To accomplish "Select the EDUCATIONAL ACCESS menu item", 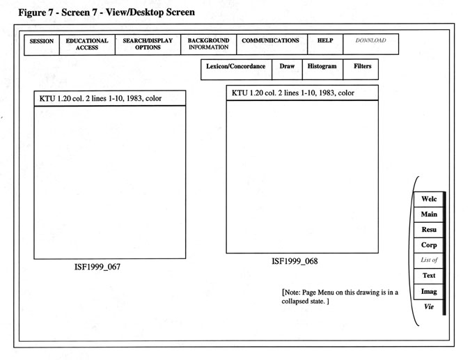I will pos(87,44).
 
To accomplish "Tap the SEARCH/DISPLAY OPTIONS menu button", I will pos(148,44).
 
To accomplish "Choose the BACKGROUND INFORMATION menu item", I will pos(208,44).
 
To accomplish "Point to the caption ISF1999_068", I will pos(295,262).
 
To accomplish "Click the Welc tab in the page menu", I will pos(429,199).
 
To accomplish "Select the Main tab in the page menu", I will pos(429,214).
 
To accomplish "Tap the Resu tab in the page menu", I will pos(429,230).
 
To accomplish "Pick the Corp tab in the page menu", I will pos(429,245).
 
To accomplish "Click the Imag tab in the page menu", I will pos(429,291).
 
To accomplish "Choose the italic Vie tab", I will pos(429,306).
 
